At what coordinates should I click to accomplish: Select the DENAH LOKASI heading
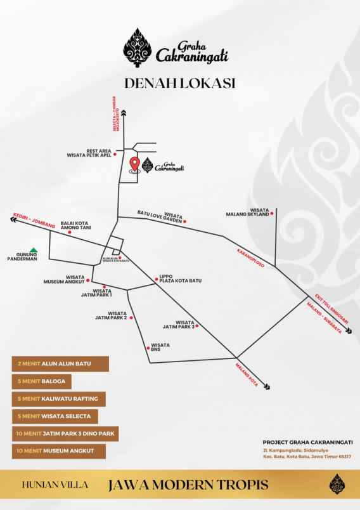(x=180, y=83)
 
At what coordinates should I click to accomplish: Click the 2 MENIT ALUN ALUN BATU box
(x=60, y=364)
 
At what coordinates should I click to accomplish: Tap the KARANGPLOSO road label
(x=251, y=255)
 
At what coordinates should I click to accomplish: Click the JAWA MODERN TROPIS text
(x=188, y=485)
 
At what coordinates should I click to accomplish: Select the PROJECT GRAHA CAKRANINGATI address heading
(x=307, y=442)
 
